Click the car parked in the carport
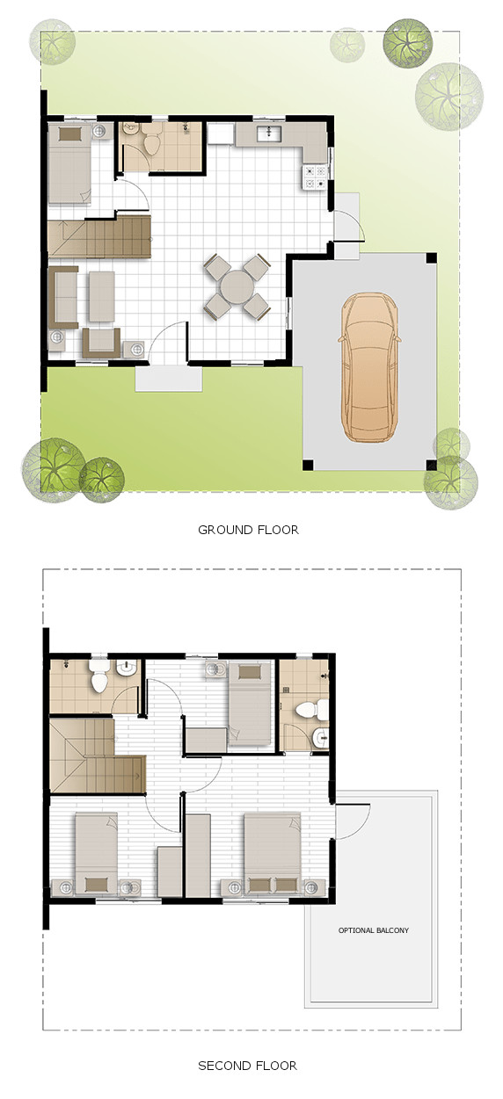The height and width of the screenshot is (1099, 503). coord(369,367)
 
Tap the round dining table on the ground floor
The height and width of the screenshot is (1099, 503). coord(237,286)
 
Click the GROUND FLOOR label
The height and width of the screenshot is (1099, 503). coord(248,530)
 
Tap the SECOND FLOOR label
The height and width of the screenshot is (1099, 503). coord(247,1066)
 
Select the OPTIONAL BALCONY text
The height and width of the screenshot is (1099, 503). coord(374,930)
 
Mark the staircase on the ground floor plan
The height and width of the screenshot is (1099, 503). coord(98,237)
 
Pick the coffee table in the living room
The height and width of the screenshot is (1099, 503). coord(101,295)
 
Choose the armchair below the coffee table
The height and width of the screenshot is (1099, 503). coord(100,343)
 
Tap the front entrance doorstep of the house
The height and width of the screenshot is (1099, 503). coord(168,380)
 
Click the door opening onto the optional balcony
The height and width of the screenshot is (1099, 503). coord(350,821)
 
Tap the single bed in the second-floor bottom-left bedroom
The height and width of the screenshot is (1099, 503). coord(96,852)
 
